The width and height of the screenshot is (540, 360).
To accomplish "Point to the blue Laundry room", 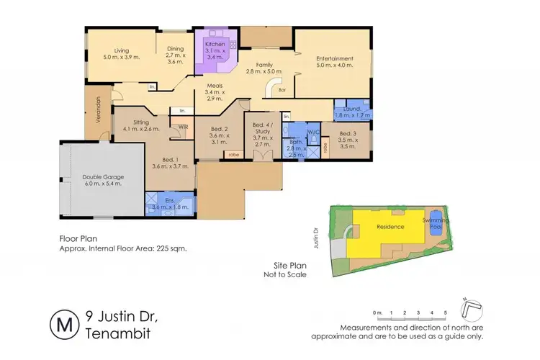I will (353, 112).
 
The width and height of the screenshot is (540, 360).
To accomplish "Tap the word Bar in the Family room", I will (282, 90).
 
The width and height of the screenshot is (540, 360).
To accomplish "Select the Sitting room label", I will (136, 125).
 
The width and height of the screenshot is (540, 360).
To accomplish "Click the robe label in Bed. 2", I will (233, 154).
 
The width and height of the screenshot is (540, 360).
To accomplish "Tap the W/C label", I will (312, 132).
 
